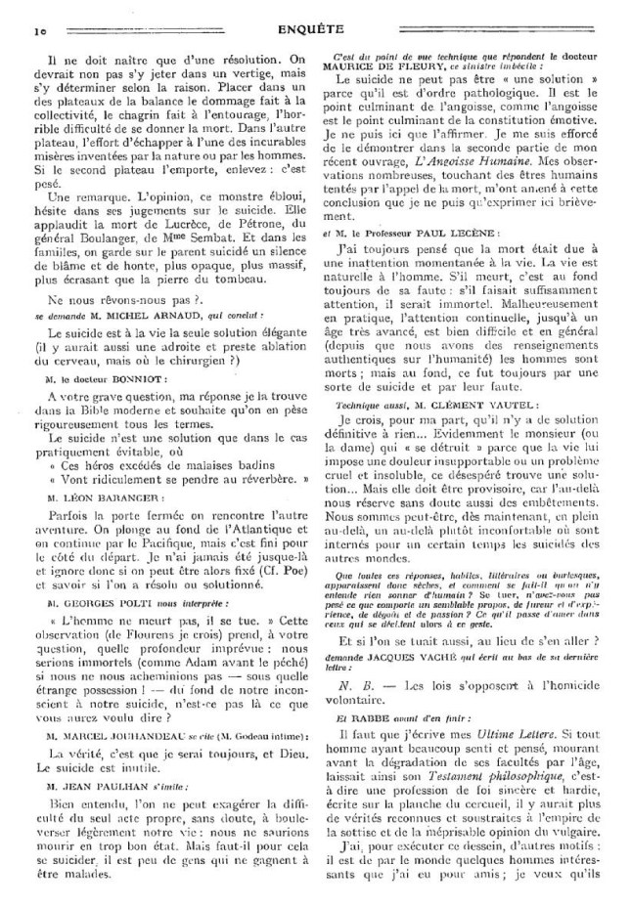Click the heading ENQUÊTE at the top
click(315, 29)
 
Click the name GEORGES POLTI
click(108, 593)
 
